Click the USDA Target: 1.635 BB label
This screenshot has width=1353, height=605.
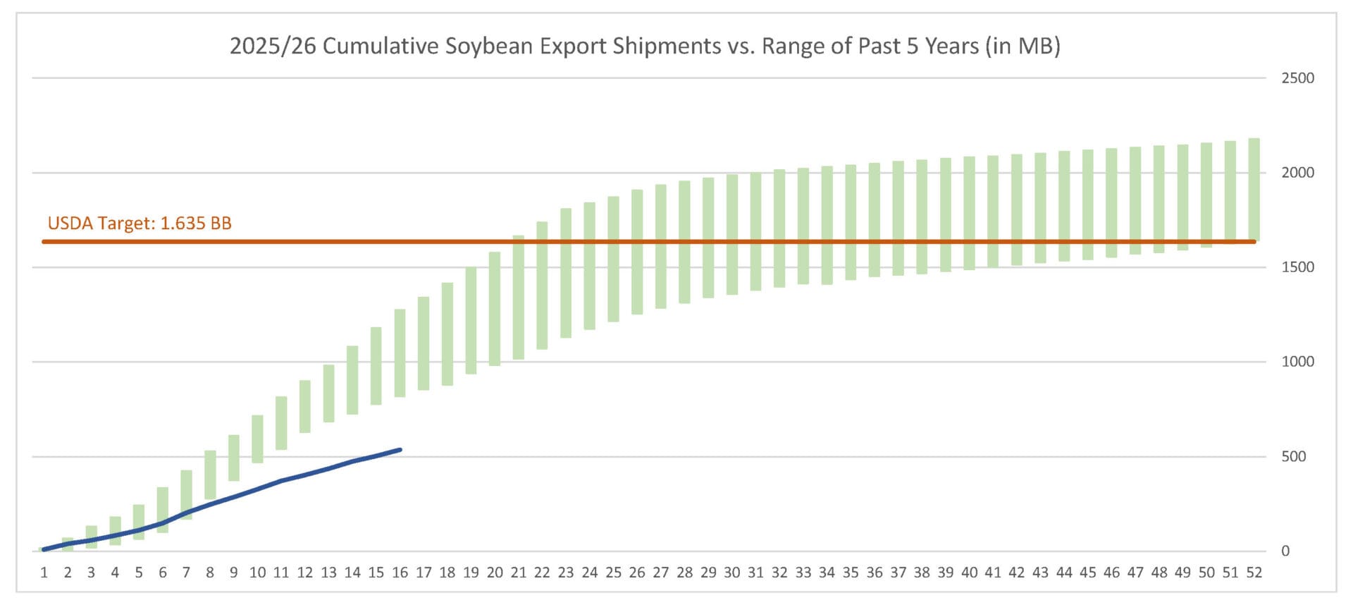(x=140, y=224)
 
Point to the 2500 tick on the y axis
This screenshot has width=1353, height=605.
(x=1297, y=78)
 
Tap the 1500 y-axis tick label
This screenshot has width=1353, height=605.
(x=1297, y=267)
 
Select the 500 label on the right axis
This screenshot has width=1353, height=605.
(x=1294, y=457)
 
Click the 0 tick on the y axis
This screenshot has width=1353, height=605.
(x=1285, y=551)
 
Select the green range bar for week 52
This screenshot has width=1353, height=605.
(x=1254, y=189)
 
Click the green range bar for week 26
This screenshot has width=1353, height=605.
(x=637, y=252)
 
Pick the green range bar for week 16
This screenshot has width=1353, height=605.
(x=400, y=353)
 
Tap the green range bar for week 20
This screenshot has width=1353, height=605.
(x=495, y=309)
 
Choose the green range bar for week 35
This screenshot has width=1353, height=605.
(x=851, y=222)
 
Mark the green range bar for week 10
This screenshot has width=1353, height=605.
(x=258, y=439)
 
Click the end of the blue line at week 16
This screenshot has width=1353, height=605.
(x=400, y=450)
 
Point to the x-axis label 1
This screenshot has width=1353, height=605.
(x=44, y=573)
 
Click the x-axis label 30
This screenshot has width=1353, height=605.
(x=732, y=573)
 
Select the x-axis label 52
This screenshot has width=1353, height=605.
(x=1254, y=573)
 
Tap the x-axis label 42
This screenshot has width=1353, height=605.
(x=1017, y=573)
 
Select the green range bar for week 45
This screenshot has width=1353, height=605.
(x=1088, y=204)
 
